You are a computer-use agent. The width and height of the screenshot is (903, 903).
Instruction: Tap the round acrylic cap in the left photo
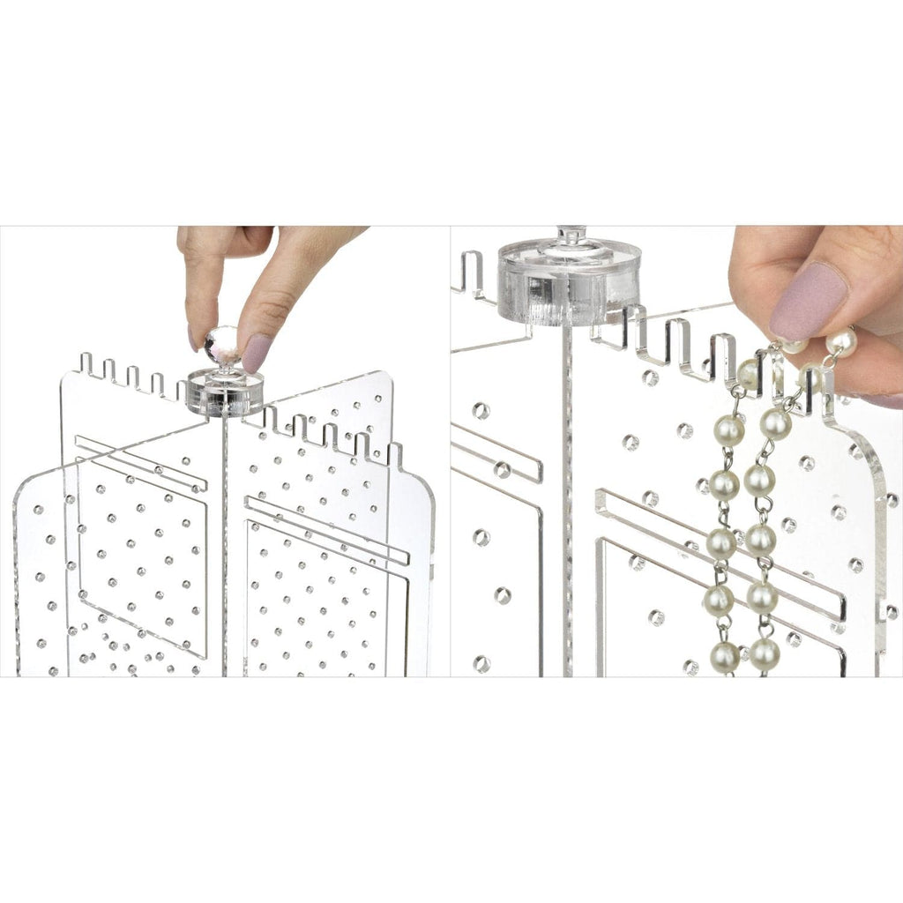226,393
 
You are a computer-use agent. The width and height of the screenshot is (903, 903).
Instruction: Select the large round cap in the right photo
569,281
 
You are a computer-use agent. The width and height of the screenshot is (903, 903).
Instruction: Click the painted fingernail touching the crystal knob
257,353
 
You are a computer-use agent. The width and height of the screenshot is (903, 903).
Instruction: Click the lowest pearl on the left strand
725,656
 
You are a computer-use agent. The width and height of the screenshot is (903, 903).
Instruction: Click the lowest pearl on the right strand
764,653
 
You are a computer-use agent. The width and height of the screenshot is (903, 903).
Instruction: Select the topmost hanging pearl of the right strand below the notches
775,423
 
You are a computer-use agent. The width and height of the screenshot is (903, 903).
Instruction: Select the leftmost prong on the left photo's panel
86,363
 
